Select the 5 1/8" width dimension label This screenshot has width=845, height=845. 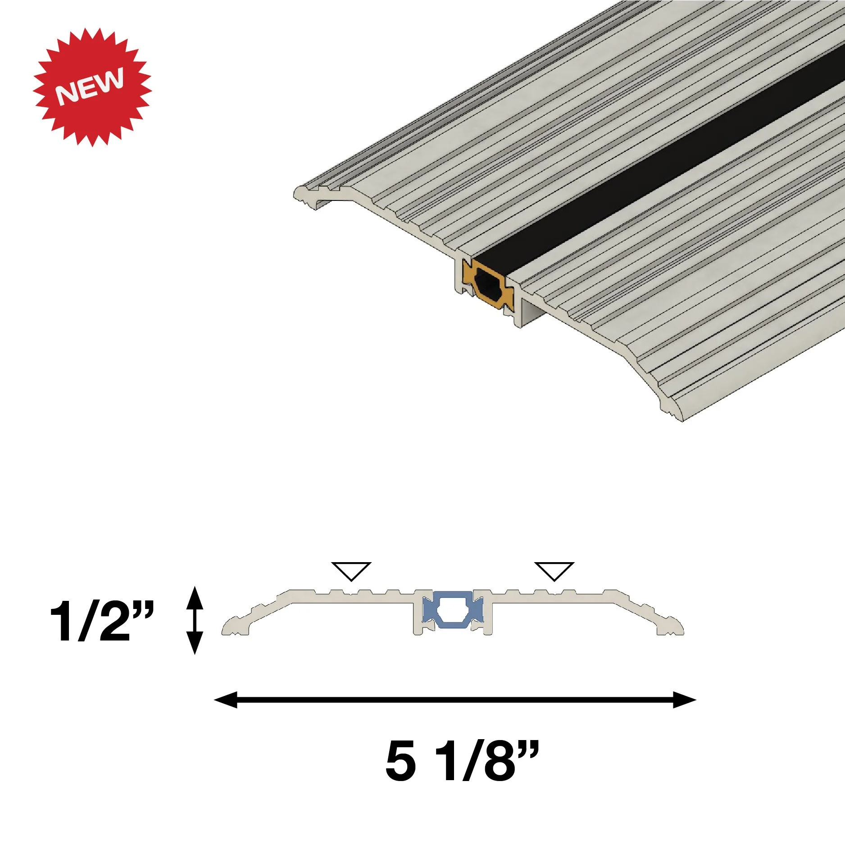[462, 761]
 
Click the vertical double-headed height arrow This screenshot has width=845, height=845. [195, 620]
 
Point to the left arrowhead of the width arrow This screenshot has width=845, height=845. [225, 700]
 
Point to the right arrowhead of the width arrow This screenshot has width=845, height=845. [685, 700]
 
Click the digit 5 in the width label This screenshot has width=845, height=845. [401, 761]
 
